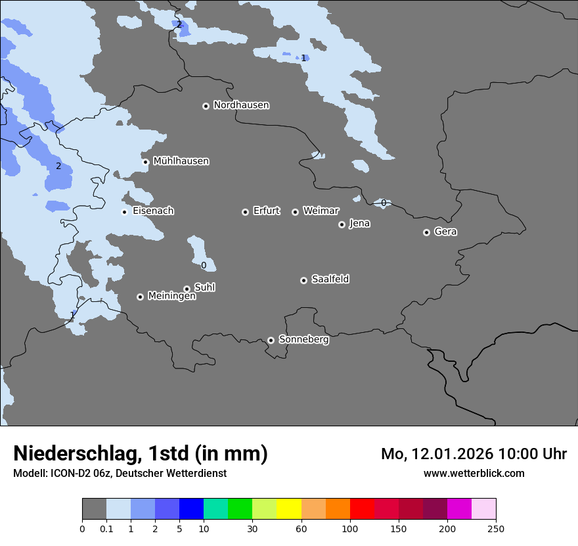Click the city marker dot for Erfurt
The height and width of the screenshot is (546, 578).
[245, 212]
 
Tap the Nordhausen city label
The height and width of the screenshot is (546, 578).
[241, 105]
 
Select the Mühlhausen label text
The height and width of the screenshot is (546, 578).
[181, 161]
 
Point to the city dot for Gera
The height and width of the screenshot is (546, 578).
[426, 232]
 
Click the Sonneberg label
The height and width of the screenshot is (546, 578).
[303, 339]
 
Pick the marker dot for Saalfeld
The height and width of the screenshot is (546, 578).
[303, 280]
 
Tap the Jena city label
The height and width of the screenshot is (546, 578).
[359, 224]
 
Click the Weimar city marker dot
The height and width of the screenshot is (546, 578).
[295, 212]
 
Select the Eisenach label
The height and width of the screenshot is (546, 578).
[153, 211]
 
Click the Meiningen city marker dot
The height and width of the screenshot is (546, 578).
[140, 297]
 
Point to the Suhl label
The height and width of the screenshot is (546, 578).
[205, 287]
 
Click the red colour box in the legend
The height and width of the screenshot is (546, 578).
[362, 509]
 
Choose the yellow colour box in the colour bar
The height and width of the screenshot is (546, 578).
[289, 509]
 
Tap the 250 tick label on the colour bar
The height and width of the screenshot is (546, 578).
[496, 528]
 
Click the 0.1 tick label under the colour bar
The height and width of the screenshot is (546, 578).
[106, 528]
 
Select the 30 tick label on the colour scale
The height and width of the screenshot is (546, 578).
[252, 528]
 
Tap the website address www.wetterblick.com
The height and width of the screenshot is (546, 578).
[474, 473]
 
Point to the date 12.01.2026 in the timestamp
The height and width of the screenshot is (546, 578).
[452, 454]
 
